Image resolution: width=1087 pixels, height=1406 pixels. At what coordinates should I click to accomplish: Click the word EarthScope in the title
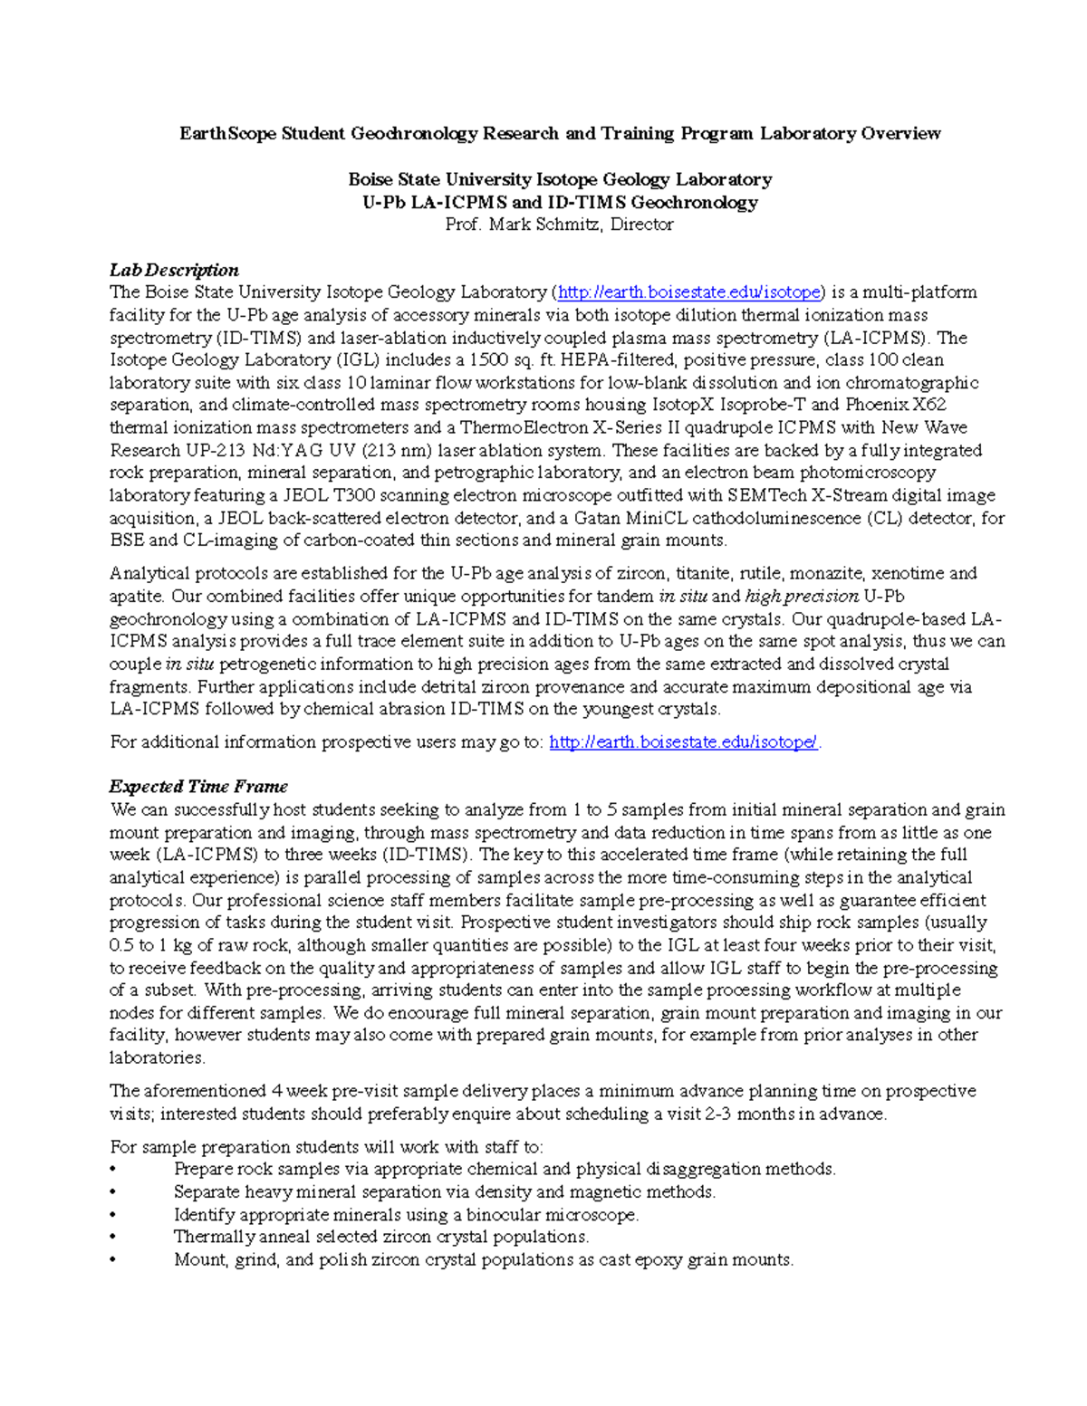(227, 134)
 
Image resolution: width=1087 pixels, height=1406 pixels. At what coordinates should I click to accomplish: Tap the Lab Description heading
(174, 270)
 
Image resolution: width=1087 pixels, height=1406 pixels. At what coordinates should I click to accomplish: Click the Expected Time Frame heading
(198, 786)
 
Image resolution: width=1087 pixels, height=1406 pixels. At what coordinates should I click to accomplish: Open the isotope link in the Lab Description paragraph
(688, 292)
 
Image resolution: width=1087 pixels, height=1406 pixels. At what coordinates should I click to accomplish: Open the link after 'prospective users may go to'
(684, 742)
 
